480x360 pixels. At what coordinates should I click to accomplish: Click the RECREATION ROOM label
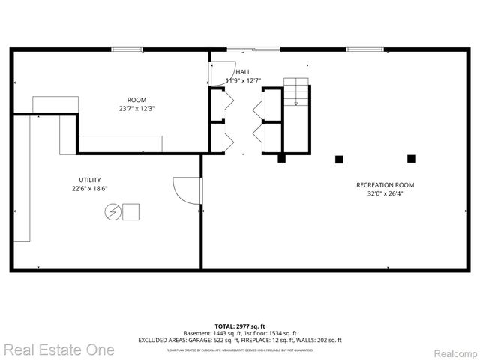tap(384, 185)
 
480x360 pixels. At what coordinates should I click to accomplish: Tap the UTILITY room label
tap(89, 180)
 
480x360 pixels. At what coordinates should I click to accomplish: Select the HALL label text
tap(243, 72)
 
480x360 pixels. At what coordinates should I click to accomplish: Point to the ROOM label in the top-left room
tap(136, 100)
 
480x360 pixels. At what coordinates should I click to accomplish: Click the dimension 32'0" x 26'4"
tap(384, 194)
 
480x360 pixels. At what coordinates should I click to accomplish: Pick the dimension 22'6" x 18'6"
tap(89, 189)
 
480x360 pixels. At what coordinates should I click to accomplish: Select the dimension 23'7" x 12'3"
tap(136, 108)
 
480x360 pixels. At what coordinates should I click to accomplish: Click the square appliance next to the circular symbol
tap(131, 212)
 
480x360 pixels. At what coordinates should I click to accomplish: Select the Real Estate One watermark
tap(58, 349)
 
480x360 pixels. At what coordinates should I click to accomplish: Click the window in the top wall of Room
tap(128, 49)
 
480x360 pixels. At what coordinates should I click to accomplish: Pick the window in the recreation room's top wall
tap(364, 49)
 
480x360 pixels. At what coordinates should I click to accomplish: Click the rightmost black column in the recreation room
tap(411, 158)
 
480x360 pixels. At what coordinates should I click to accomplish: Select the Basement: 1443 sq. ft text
tap(209, 333)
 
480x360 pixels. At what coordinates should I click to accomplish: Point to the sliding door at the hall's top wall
tap(253, 49)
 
